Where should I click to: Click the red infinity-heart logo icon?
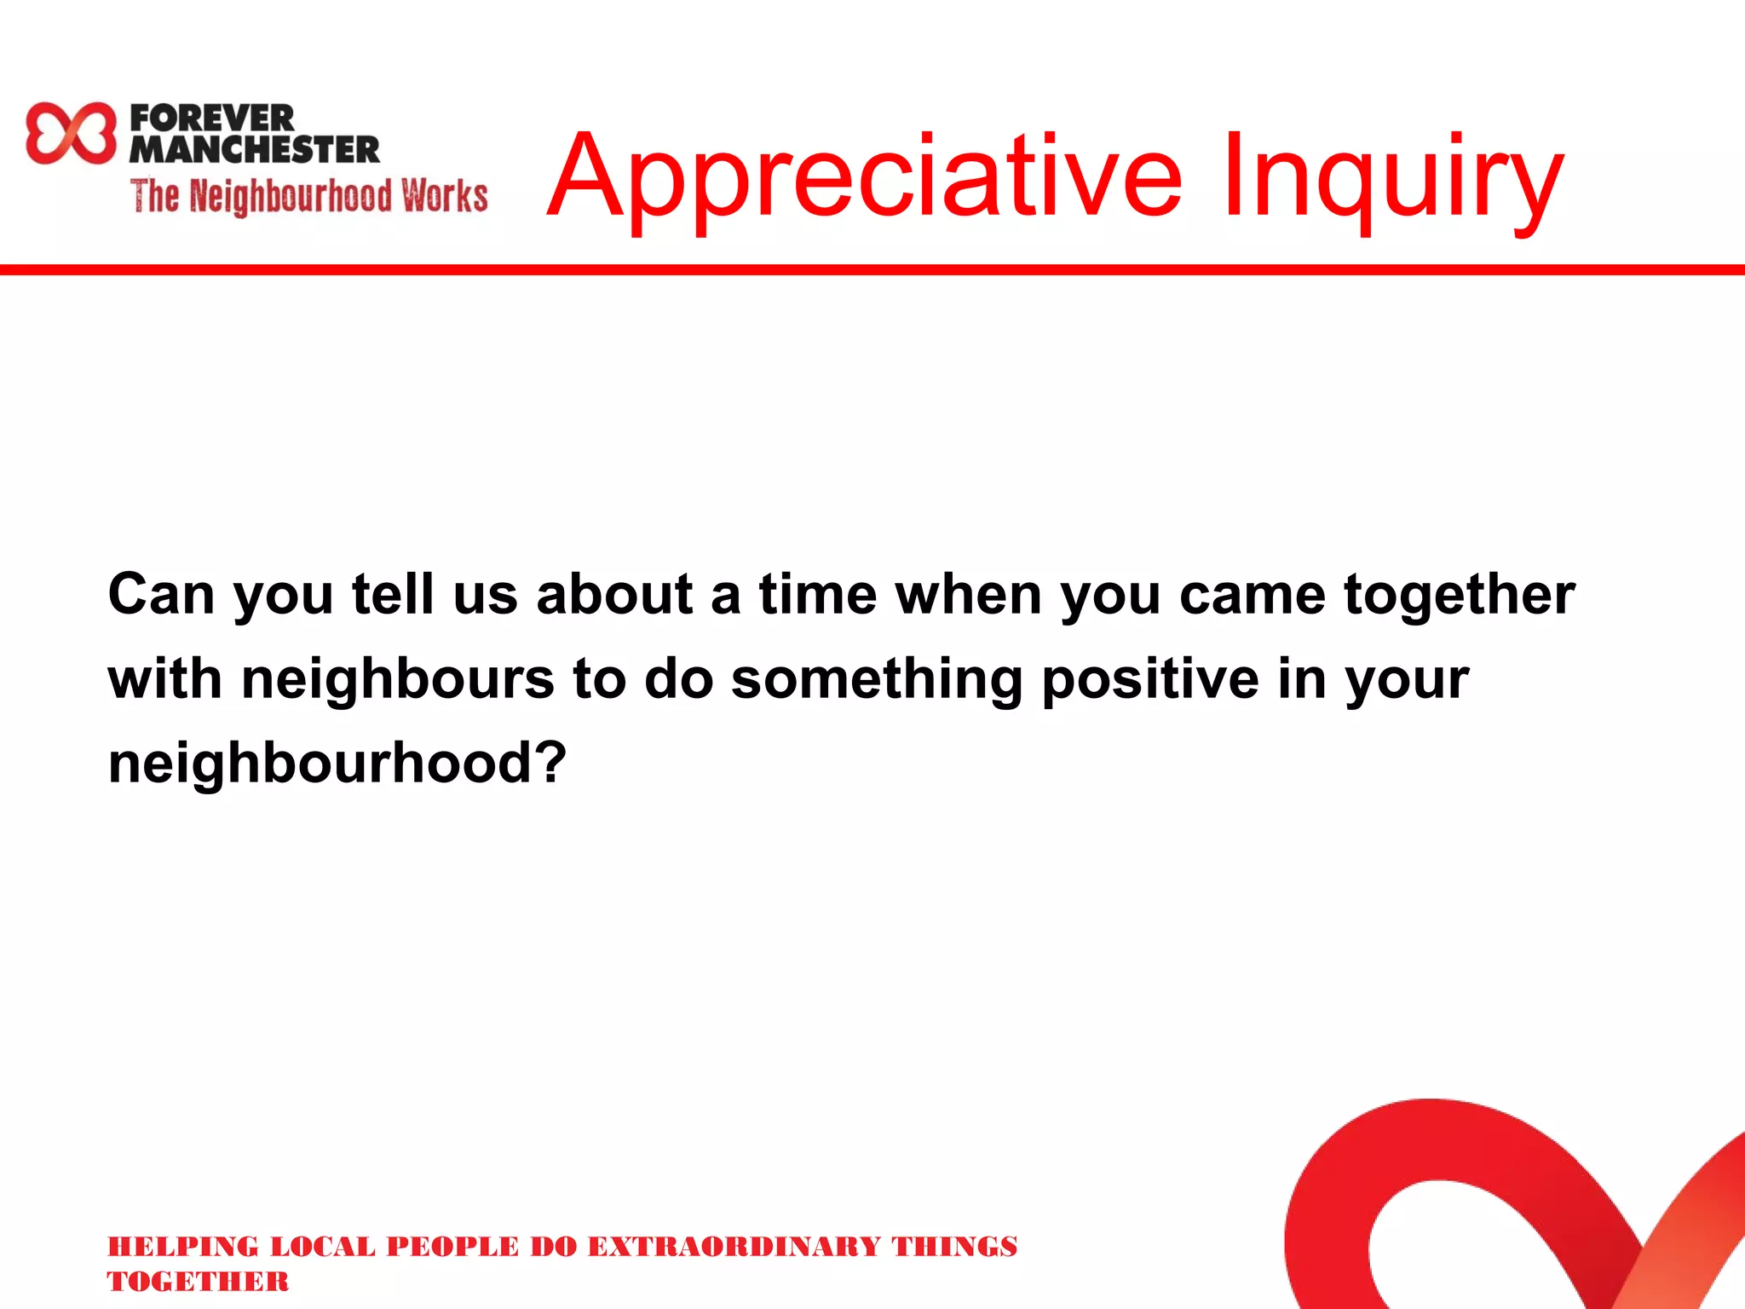click(71, 133)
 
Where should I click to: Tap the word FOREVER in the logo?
click(212, 118)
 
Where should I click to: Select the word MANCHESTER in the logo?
click(254, 150)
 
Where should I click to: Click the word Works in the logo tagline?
click(445, 196)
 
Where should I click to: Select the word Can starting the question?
click(161, 594)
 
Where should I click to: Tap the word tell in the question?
click(393, 594)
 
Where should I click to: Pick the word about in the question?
click(614, 594)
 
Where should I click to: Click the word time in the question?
click(818, 594)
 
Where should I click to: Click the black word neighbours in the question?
click(398, 679)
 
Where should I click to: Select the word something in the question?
click(877, 679)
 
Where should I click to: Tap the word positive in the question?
click(1150, 679)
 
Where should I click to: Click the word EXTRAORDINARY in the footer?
click(734, 1247)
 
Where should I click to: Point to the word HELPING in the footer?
click(183, 1247)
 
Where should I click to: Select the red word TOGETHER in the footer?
click(198, 1282)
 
